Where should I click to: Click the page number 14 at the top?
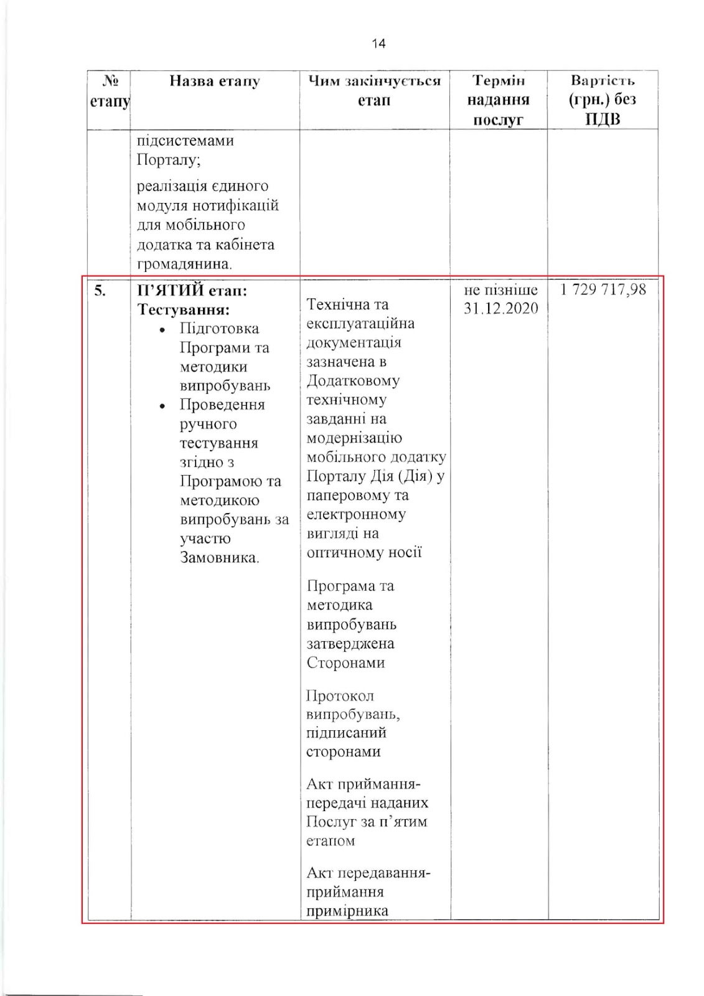378,44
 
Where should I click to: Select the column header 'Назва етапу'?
215,81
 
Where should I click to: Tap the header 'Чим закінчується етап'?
374,90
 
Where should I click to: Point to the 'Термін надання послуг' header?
498,100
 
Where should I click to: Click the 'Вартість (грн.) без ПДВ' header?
603,100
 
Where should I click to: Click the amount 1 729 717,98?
603,289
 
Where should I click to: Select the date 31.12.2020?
500,309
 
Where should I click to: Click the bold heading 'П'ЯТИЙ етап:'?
192,290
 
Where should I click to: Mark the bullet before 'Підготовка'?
162,330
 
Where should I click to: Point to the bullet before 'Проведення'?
162,406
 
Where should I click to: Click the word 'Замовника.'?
219,557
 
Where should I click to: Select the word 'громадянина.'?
184,264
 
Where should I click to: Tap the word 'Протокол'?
340,695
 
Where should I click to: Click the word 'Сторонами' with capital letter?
345,662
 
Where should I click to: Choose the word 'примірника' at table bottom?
347,911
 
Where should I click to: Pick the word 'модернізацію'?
354,438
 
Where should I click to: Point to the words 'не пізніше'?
500,290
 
